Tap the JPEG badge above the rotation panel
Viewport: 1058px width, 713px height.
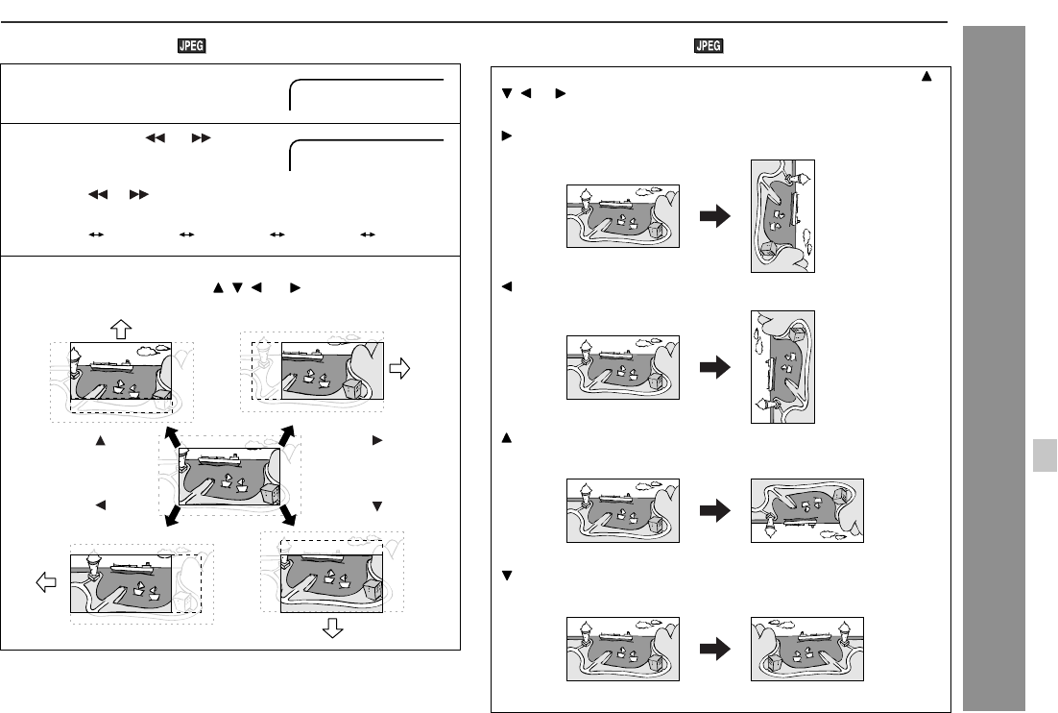pyautogui.click(x=710, y=46)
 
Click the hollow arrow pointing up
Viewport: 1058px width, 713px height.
pyautogui.click(x=121, y=330)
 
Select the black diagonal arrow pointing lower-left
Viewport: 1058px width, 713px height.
pyautogui.click(x=174, y=516)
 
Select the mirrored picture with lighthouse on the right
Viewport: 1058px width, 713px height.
pyautogui.click(x=806, y=649)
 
